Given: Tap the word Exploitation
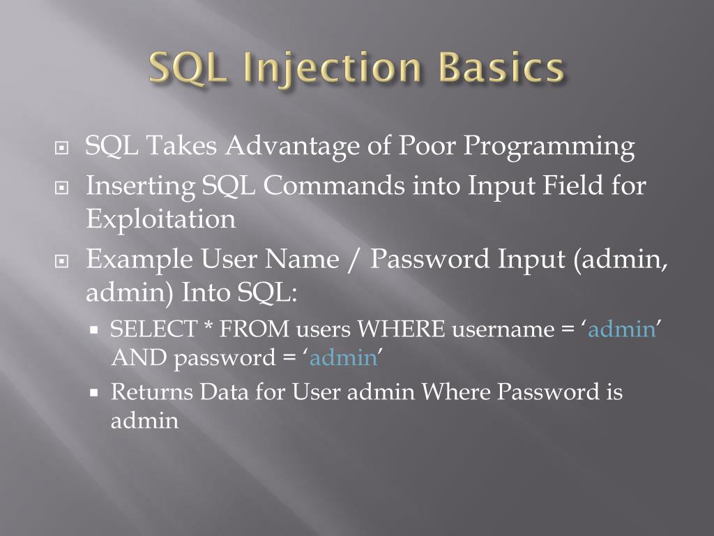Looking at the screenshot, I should click(160, 219).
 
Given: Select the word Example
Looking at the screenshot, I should click(139, 260).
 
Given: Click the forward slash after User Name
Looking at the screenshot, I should click(355, 260).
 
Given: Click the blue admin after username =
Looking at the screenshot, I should click(622, 329).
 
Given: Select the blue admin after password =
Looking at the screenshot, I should click(342, 359).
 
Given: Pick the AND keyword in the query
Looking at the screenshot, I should click(139, 359).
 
